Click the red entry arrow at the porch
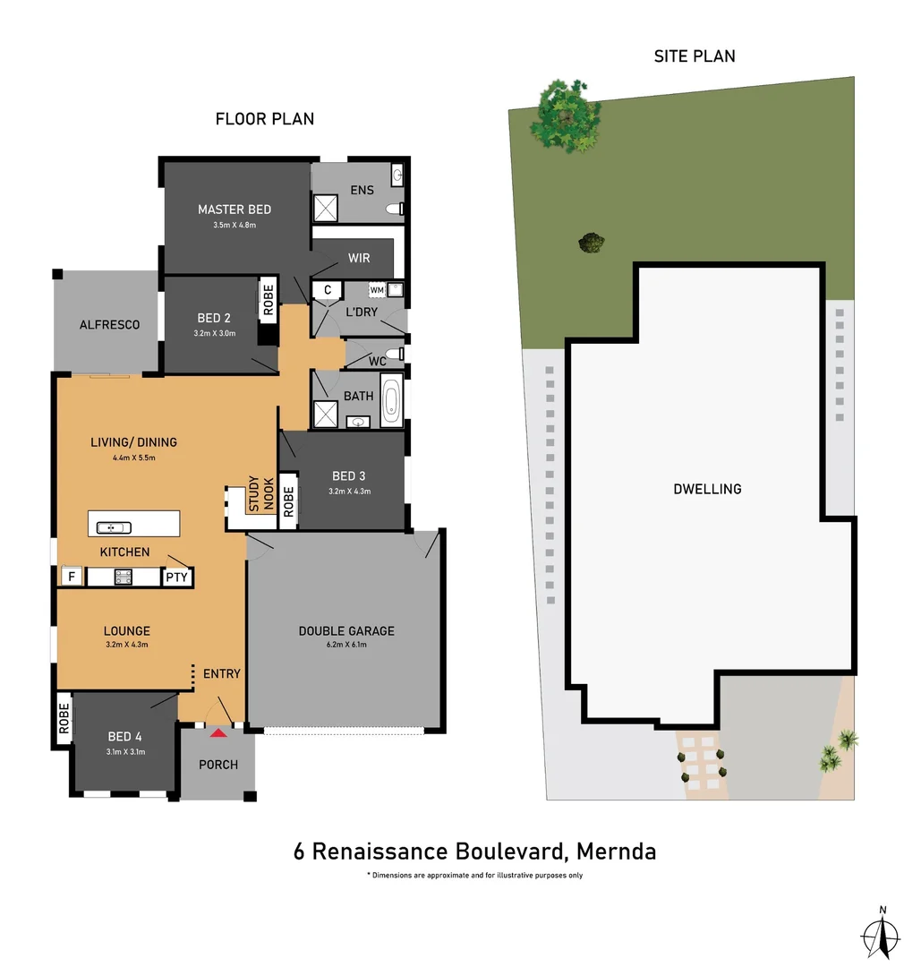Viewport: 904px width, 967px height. click(x=217, y=732)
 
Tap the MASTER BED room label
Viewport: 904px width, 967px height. click(x=235, y=210)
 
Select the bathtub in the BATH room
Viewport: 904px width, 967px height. click(x=391, y=399)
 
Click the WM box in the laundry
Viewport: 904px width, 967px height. click(x=377, y=290)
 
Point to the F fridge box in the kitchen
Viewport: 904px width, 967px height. click(x=71, y=577)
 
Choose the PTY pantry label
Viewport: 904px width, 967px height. click(x=176, y=577)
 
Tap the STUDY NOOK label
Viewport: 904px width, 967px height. click(x=260, y=494)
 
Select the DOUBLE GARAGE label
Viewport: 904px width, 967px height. click(x=346, y=631)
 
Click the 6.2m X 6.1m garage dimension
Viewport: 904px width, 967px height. click(x=346, y=645)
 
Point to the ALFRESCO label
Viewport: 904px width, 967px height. click(x=109, y=325)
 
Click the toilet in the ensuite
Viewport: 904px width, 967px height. click(x=393, y=209)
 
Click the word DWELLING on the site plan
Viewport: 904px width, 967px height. click(x=707, y=489)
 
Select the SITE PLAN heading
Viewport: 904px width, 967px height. click(x=695, y=56)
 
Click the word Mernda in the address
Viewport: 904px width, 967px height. click(x=617, y=851)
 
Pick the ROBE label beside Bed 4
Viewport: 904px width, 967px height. click(x=64, y=719)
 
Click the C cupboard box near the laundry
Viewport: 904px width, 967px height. click(x=328, y=290)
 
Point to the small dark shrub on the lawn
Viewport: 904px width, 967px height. click(x=591, y=243)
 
